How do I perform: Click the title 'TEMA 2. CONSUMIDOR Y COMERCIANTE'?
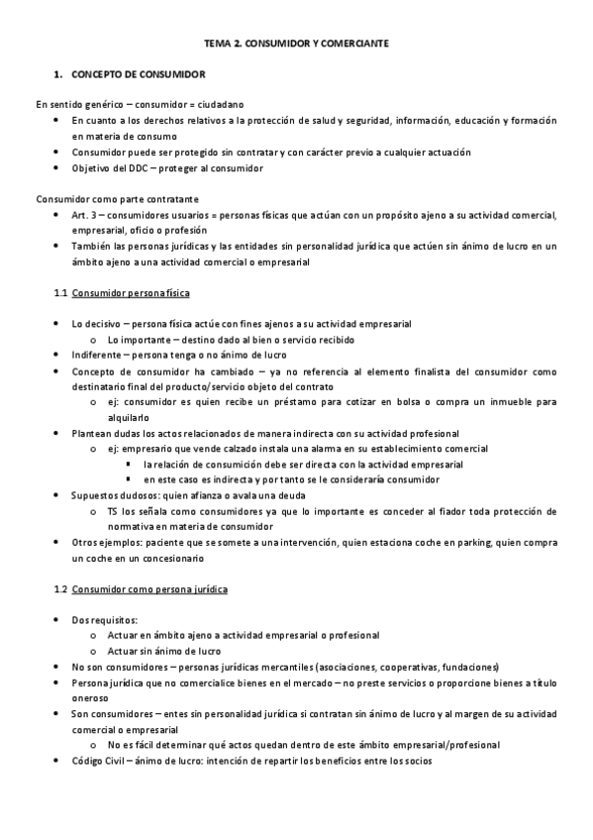(x=296, y=45)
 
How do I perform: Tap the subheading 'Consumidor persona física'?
(x=132, y=294)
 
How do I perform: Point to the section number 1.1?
(x=60, y=294)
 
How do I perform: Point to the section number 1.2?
(x=60, y=589)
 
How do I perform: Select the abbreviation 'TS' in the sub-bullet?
(x=114, y=511)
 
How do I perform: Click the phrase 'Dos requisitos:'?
(x=105, y=619)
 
